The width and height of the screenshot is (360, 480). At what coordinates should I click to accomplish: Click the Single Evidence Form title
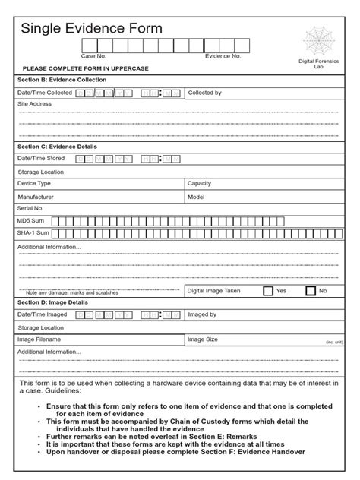(x=91, y=29)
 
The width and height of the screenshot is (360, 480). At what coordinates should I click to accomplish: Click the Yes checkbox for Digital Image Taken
(x=268, y=291)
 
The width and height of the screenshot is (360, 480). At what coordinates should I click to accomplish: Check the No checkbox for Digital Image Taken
(x=311, y=291)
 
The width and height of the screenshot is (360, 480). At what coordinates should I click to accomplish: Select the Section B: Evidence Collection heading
(x=62, y=80)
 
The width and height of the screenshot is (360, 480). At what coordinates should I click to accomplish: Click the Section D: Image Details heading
(x=52, y=302)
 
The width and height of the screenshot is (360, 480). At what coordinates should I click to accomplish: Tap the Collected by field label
(x=204, y=93)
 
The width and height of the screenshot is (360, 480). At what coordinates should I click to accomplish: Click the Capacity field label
(x=201, y=184)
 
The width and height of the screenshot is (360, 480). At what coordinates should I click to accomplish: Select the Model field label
(x=197, y=196)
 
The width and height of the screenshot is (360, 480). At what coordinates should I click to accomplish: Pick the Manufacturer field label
(x=36, y=196)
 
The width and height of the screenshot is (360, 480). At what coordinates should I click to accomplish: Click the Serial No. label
(x=30, y=207)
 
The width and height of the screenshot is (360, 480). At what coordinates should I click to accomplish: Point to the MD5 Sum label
(x=31, y=220)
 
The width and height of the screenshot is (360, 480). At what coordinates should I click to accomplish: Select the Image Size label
(x=203, y=339)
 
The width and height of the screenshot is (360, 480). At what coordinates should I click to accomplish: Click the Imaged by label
(x=203, y=314)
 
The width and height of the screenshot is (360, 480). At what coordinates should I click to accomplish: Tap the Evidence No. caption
(x=223, y=56)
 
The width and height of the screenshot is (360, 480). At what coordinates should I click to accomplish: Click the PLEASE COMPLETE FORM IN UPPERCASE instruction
(x=85, y=68)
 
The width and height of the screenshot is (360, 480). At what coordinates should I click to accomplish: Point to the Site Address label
(x=34, y=103)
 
